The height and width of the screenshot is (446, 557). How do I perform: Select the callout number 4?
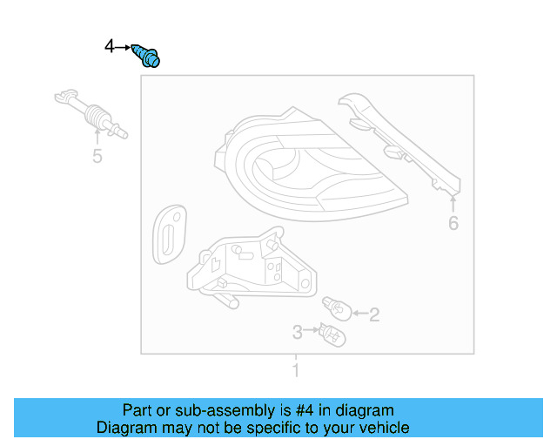click(x=110, y=45)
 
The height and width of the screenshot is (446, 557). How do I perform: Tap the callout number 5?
click(x=97, y=157)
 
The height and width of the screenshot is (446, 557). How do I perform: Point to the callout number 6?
click(x=453, y=224)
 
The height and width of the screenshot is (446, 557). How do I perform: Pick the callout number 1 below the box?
click(x=295, y=372)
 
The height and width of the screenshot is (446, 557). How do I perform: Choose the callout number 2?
click(x=374, y=315)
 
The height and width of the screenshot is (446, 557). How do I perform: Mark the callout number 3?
click(x=297, y=332)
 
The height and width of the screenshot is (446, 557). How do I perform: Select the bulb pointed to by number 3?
click(x=331, y=332)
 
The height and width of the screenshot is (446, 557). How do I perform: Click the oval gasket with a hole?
click(x=167, y=233)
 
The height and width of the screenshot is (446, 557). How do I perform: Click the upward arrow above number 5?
click(x=97, y=138)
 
